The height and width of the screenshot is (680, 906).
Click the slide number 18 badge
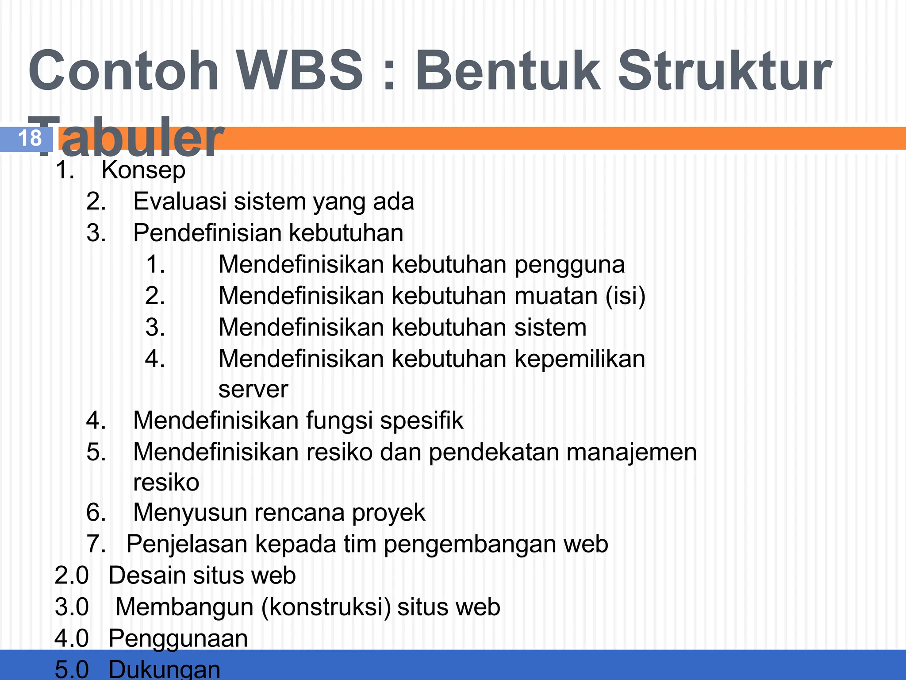coord(29,139)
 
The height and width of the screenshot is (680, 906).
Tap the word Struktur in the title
coord(724,71)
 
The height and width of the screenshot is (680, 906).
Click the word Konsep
coord(143,170)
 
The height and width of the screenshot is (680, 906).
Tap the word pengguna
coord(569,265)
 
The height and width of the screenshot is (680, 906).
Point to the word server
coord(253,390)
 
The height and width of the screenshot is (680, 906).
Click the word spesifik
coord(422,421)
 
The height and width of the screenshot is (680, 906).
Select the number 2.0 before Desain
coord(72,576)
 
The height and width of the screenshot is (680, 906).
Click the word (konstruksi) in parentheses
coord(326,607)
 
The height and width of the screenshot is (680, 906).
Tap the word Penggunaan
coord(178,638)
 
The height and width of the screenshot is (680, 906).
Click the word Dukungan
coord(164,669)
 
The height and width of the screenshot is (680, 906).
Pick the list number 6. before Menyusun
coord(96,513)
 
